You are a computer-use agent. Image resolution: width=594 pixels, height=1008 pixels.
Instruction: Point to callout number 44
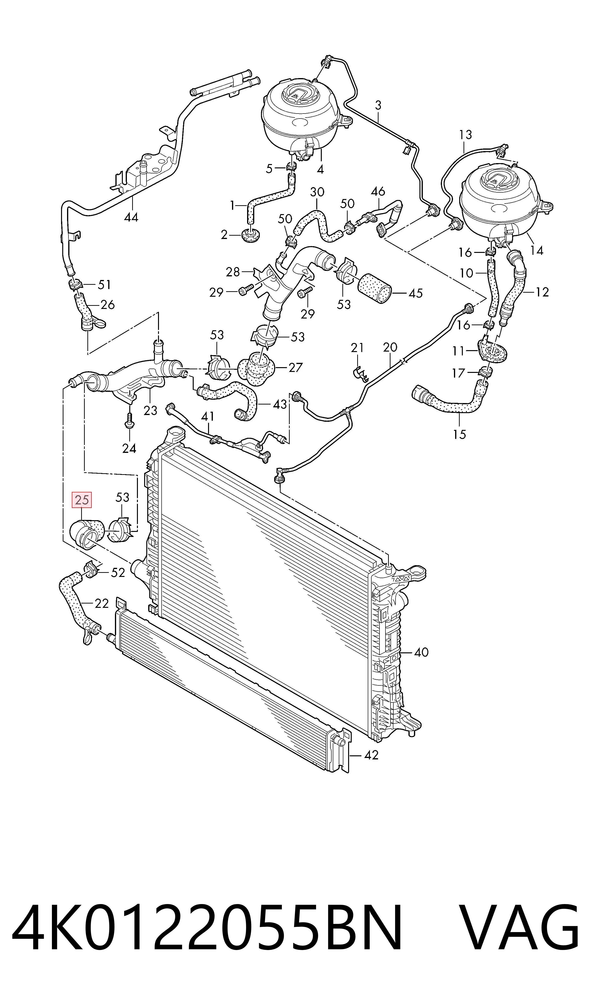pos(131,217)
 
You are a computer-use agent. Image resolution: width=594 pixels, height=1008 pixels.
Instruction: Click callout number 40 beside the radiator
pos(421,653)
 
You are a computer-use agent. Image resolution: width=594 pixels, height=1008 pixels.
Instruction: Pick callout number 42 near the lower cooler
pos(371,755)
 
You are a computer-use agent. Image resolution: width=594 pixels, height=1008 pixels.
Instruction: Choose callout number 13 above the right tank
pos(465,135)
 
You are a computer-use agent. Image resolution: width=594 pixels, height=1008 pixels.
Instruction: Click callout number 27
pos(295,367)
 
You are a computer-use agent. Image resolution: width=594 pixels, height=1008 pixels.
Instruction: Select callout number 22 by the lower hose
pos(102,603)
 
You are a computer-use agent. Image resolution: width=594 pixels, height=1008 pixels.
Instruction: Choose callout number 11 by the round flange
pos(458,351)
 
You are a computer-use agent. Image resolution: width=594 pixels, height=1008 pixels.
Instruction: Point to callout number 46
pos(378,191)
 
